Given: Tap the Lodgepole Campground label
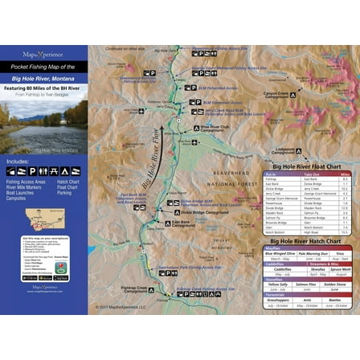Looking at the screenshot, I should (x=284, y=150).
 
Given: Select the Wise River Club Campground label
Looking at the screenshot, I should (x=215, y=128).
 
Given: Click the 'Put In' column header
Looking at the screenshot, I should (x=271, y=173).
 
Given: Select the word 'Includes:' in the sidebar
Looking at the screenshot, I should (x=18, y=162).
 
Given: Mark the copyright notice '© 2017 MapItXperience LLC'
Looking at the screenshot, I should (x=121, y=306).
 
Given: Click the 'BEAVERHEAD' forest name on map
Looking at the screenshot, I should (x=231, y=173).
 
